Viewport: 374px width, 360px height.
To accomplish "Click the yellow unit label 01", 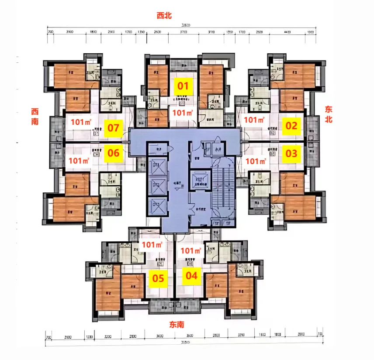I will (x=183, y=86).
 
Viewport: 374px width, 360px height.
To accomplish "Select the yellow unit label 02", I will (x=291, y=126).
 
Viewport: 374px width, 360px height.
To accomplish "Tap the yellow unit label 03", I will (x=291, y=154).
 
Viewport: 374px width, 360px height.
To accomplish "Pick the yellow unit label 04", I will (x=191, y=275).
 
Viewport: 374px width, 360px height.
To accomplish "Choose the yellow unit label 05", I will (x=158, y=278).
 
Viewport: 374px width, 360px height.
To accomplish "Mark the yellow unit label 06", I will (x=114, y=153).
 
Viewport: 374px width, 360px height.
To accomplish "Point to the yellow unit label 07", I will (x=114, y=128).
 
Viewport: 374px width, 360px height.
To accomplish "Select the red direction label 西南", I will (x=35, y=116).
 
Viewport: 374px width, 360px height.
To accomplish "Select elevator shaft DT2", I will (x=156, y=186).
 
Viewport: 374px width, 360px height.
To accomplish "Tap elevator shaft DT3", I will (x=156, y=204).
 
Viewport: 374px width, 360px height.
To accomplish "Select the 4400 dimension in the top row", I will (x=287, y=32).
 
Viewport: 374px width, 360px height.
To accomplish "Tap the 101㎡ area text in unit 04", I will (x=190, y=251).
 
